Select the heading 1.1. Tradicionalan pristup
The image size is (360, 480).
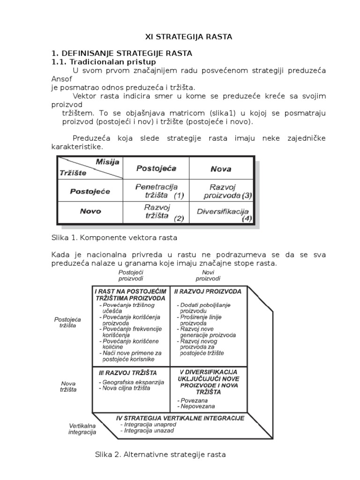click(x=103, y=62)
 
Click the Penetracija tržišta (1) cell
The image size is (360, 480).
click(x=156, y=190)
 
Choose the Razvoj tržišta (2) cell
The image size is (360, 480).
click(x=156, y=211)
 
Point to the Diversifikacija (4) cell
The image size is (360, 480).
click(x=222, y=212)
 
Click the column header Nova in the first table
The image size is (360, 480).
click(x=221, y=169)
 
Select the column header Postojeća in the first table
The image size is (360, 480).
click(x=156, y=168)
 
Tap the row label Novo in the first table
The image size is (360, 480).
click(x=90, y=211)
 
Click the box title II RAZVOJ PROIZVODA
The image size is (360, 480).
click(x=208, y=292)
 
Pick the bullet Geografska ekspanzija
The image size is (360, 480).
click(x=132, y=382)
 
